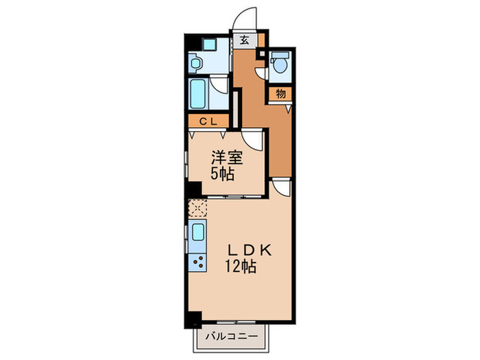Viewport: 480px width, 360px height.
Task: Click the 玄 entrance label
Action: click(244, 40)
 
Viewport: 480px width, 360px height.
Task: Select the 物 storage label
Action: click(280, 93)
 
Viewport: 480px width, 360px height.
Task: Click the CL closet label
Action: click(208, 121)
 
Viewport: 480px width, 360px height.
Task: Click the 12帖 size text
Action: click(239, 267)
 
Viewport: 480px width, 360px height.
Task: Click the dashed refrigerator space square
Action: click(197, 206)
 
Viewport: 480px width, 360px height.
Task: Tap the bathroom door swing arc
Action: click(218, 86)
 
